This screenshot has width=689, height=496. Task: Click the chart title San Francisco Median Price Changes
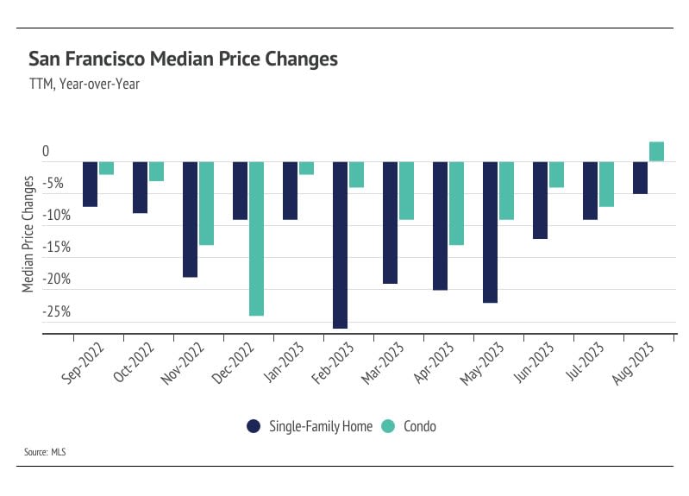coord(183,60)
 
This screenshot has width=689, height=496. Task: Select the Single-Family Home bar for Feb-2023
coord(340,245)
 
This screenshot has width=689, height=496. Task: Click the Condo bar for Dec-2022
coord(256,238)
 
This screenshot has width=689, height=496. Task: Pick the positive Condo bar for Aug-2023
coord(656,152)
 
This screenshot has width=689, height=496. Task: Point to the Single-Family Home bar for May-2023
coord(490,232)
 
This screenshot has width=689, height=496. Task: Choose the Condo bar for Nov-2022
coord(206,203)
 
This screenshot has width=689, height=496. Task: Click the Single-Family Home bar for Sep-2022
coord(90,184)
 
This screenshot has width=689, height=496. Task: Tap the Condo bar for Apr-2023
coord(456,203)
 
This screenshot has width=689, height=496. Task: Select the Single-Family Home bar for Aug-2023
coord(640,178)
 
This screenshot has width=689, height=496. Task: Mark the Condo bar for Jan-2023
coord(306,168)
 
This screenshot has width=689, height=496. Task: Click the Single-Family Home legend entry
coord(309,426)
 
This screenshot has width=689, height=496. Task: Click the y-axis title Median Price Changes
coord(28,233)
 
